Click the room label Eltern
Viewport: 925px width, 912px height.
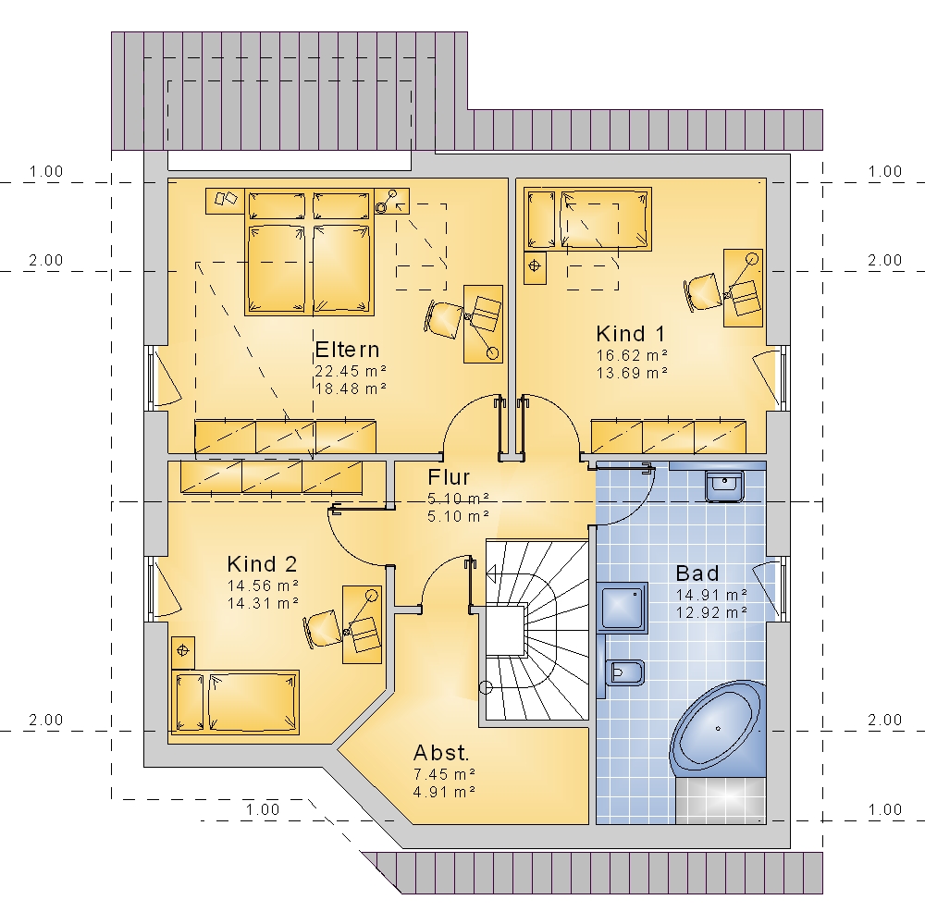[x=347, y=350]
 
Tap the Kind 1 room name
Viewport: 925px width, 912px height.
[x=631, y=334]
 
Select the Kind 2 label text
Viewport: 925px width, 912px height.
[x=262, y=564]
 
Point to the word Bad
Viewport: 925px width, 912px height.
[x=697, y=573]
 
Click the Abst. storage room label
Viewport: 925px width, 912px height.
[x=441, y=753]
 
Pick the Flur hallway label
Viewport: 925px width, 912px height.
[x=449, y=476]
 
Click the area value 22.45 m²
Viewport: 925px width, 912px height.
[x=351, y=371]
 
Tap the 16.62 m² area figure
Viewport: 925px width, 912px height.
[x=632, y=355]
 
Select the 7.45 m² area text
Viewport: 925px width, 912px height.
[x=444, y=773]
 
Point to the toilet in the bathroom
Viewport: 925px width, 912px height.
[x=623, y=672]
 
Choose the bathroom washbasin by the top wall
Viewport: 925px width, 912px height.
[x=725, y=486]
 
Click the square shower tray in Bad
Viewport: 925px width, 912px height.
[x=623, y=607]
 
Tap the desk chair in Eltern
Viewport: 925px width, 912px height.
[x=442, y=319]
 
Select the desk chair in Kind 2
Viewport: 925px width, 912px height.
[x=322, y=630]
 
